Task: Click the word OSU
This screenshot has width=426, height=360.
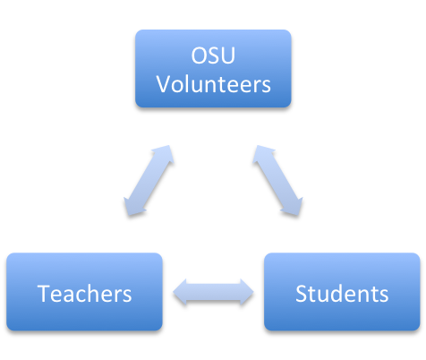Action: point(213,56)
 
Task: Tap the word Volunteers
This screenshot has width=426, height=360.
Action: point(214,84)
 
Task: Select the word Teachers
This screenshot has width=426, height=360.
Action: point(84,294)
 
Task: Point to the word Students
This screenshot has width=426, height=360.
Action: point(342,294)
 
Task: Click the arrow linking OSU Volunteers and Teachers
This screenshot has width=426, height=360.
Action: point(149,181)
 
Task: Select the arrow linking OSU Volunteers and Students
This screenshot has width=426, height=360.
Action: point(278,181)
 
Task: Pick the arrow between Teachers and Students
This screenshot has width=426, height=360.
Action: point(213,292)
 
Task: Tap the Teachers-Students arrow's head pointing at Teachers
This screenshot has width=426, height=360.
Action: point(180,292)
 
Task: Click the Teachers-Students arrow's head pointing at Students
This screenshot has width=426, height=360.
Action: point(247,292)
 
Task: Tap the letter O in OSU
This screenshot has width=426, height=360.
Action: point(198,56)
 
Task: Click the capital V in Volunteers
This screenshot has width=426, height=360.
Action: point(164,84)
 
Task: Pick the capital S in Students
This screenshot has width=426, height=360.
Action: point(301,294)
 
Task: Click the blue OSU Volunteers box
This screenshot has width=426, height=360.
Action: point(213,69)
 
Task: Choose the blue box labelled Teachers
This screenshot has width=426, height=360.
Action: point(84,292)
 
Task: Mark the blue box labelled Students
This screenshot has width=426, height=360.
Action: point(342,292)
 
